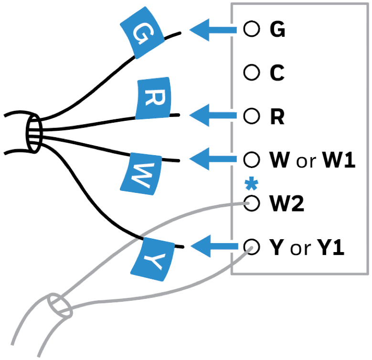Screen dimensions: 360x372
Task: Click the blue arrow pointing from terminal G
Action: point(213,30)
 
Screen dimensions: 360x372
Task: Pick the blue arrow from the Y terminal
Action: point(213,247)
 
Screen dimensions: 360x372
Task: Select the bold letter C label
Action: point(276,73)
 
